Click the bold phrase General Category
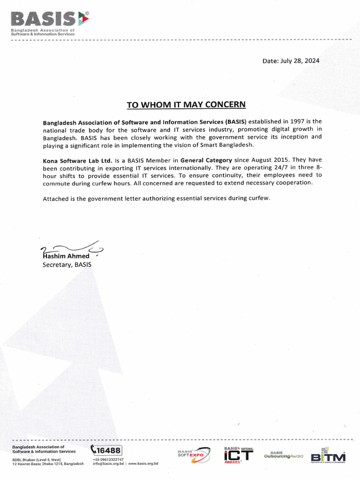click(x=206, y=160)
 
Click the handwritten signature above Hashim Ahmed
click(x=70, y=248)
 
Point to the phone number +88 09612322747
click(x=108, y=459)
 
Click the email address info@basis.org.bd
click(x=108, y=464)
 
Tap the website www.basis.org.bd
click(x=143, y=464)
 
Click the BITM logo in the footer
click(x=328, y=456)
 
